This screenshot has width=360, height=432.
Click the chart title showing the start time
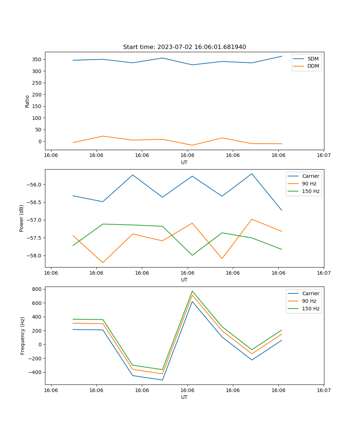[184, 47]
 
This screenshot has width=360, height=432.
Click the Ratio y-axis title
[27, 102]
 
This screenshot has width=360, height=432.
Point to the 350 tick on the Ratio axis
[37, 59]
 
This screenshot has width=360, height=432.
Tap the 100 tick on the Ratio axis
[37, 118]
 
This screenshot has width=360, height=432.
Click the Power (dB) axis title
[22, 218]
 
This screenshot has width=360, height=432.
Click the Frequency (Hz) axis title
[23, 336]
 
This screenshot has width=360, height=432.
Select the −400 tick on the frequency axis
[36, 372]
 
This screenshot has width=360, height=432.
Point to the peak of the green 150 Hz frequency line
[192, 291]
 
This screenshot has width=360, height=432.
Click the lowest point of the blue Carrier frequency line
[162, 380]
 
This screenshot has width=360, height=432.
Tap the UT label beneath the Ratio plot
[184, 162]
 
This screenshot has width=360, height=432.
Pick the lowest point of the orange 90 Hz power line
[103, 262]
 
